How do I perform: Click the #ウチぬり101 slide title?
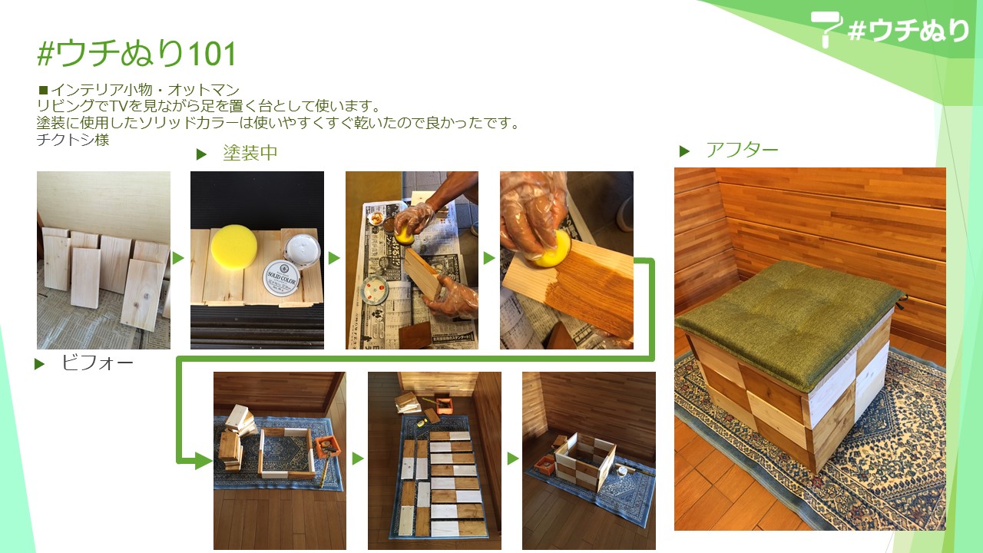[x=137, y=54]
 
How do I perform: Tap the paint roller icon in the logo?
[x=826, y=27]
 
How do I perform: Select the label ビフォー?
[x=98, y=363]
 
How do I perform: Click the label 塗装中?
[x=250, y=153]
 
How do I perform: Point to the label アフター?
[x=742, y=150]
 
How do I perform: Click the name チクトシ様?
[x=73, y=140]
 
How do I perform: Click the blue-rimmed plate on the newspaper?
[x=374, y=290]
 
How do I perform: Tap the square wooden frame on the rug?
[x=287, y=453]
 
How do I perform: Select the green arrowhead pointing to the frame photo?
[x=204, y=461]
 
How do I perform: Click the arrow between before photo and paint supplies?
[x=178, y=258]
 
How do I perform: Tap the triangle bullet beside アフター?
[x=684, y=151]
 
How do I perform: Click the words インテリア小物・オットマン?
[x=145, y=90]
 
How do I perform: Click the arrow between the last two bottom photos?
[x=513, y=459]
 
